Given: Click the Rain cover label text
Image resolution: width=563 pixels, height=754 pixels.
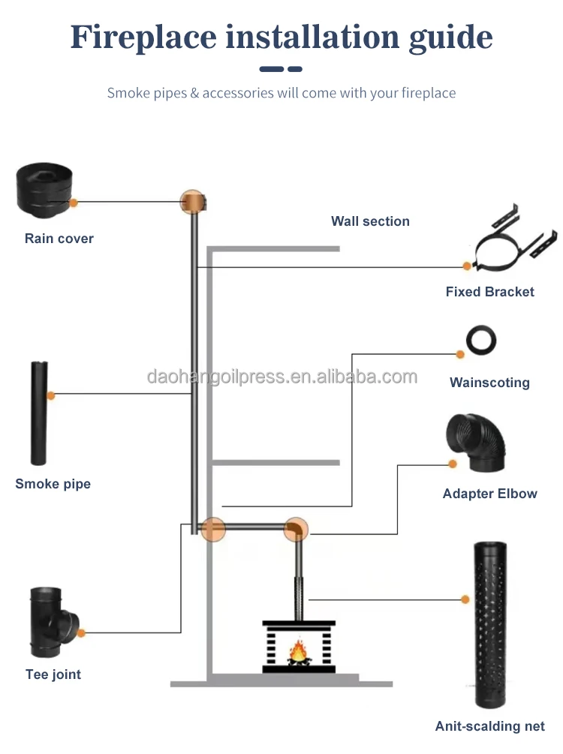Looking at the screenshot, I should [59, 239].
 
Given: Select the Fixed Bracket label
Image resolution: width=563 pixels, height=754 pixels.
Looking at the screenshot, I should [489, 292].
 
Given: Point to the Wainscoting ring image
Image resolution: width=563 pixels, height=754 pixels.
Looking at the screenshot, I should [480, 340].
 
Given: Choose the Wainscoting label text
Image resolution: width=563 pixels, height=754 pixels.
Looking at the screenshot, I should [489, 383].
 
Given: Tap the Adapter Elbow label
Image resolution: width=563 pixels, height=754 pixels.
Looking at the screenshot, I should [489, 494].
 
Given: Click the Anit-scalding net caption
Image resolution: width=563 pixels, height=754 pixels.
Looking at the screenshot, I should [489, 726].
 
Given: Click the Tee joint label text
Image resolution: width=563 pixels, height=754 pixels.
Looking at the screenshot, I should [53, 674].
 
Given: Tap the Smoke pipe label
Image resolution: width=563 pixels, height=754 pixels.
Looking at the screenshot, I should [53, 484].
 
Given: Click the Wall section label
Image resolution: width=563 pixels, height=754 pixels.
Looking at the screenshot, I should [370, 221].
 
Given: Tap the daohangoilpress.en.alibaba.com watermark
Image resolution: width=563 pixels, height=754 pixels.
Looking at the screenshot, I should [281, 377].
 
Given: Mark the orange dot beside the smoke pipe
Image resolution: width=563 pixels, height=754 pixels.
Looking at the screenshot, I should [51, 395].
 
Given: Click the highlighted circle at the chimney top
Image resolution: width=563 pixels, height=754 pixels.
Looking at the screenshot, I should [193, 202].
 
